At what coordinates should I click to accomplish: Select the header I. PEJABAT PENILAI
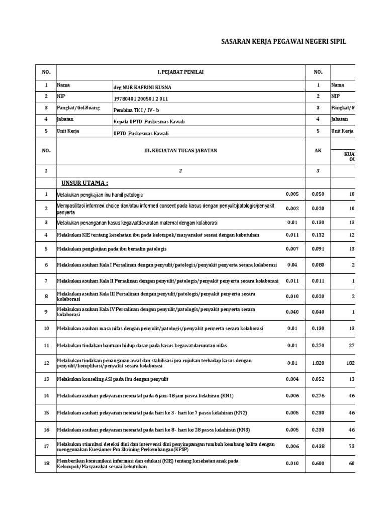(181, 72)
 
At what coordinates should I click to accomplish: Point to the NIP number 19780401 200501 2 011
(141, 99)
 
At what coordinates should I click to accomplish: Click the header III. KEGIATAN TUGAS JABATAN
(181, 150)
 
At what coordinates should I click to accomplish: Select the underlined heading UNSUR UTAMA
(84, 182)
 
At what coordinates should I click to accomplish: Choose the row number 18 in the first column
(46, 464)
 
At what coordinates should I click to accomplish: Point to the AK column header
(318, 150)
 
